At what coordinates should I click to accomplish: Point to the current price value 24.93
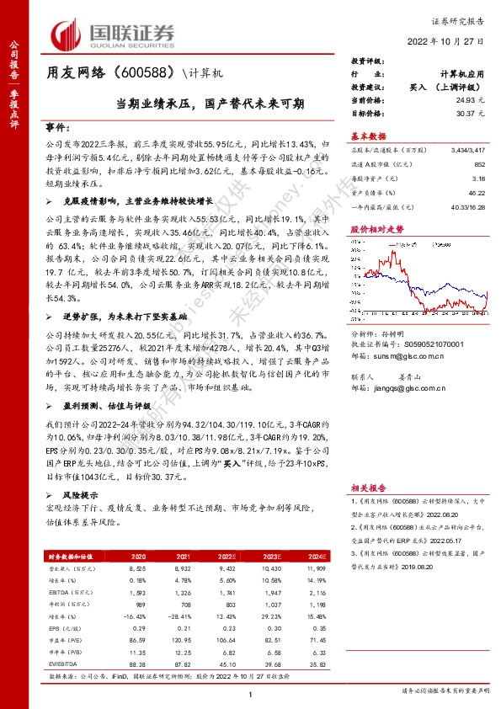(474, 99)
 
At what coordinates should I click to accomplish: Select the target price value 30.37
(474, 111)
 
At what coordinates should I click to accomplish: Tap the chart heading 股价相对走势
(372, 252)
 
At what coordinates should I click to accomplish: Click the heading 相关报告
(369, 487)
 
